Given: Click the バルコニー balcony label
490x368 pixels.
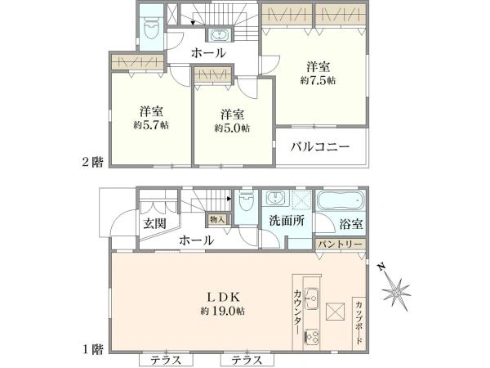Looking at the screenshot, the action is tap(319, 146).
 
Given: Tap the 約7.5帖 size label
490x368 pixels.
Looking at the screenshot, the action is tap(318, 80).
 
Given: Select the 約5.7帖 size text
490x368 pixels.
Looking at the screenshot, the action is tap(151, 125).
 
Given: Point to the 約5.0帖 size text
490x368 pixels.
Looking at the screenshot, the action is tap(232, 128).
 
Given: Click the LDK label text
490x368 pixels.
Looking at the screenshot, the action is tap(224, 297).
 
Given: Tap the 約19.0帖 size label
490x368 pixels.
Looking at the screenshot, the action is tap(223, 311).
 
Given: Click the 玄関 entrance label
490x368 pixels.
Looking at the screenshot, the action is tap(154, 224).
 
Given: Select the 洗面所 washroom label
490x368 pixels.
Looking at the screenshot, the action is tap(287, 221).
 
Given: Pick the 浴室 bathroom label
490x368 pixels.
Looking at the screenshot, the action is tap(351, 224).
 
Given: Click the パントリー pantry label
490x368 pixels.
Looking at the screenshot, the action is tap(340, 244).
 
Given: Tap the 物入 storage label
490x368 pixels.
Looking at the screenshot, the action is tap(217, 219).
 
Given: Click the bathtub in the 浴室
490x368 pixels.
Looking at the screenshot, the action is tap(341, 200).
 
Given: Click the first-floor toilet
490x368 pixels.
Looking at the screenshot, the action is tap(246, 203).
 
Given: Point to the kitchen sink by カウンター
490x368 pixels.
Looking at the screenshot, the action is tap(312, 298).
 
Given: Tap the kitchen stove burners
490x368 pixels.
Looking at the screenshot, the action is tap(312, 337).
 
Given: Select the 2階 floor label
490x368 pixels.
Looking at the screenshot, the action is tap(92, 162).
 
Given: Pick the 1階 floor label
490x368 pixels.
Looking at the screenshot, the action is tap(92, 349).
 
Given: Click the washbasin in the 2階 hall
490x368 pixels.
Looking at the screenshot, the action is tap(219, 34).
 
